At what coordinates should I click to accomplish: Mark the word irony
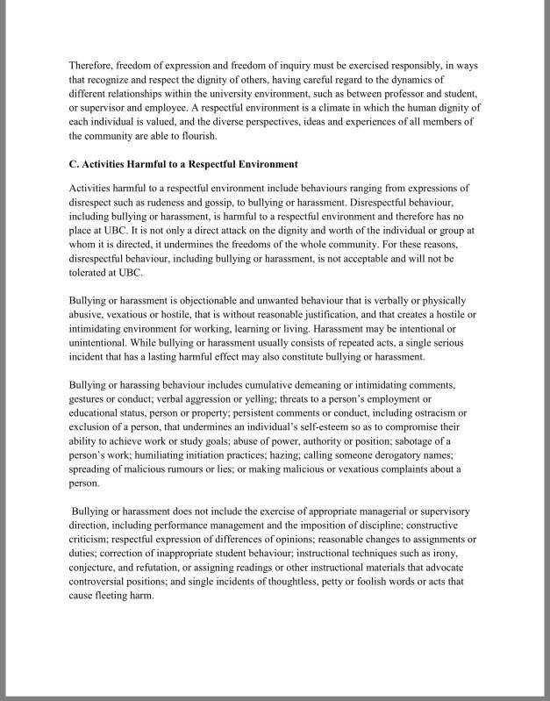click(x=456, y=554)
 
